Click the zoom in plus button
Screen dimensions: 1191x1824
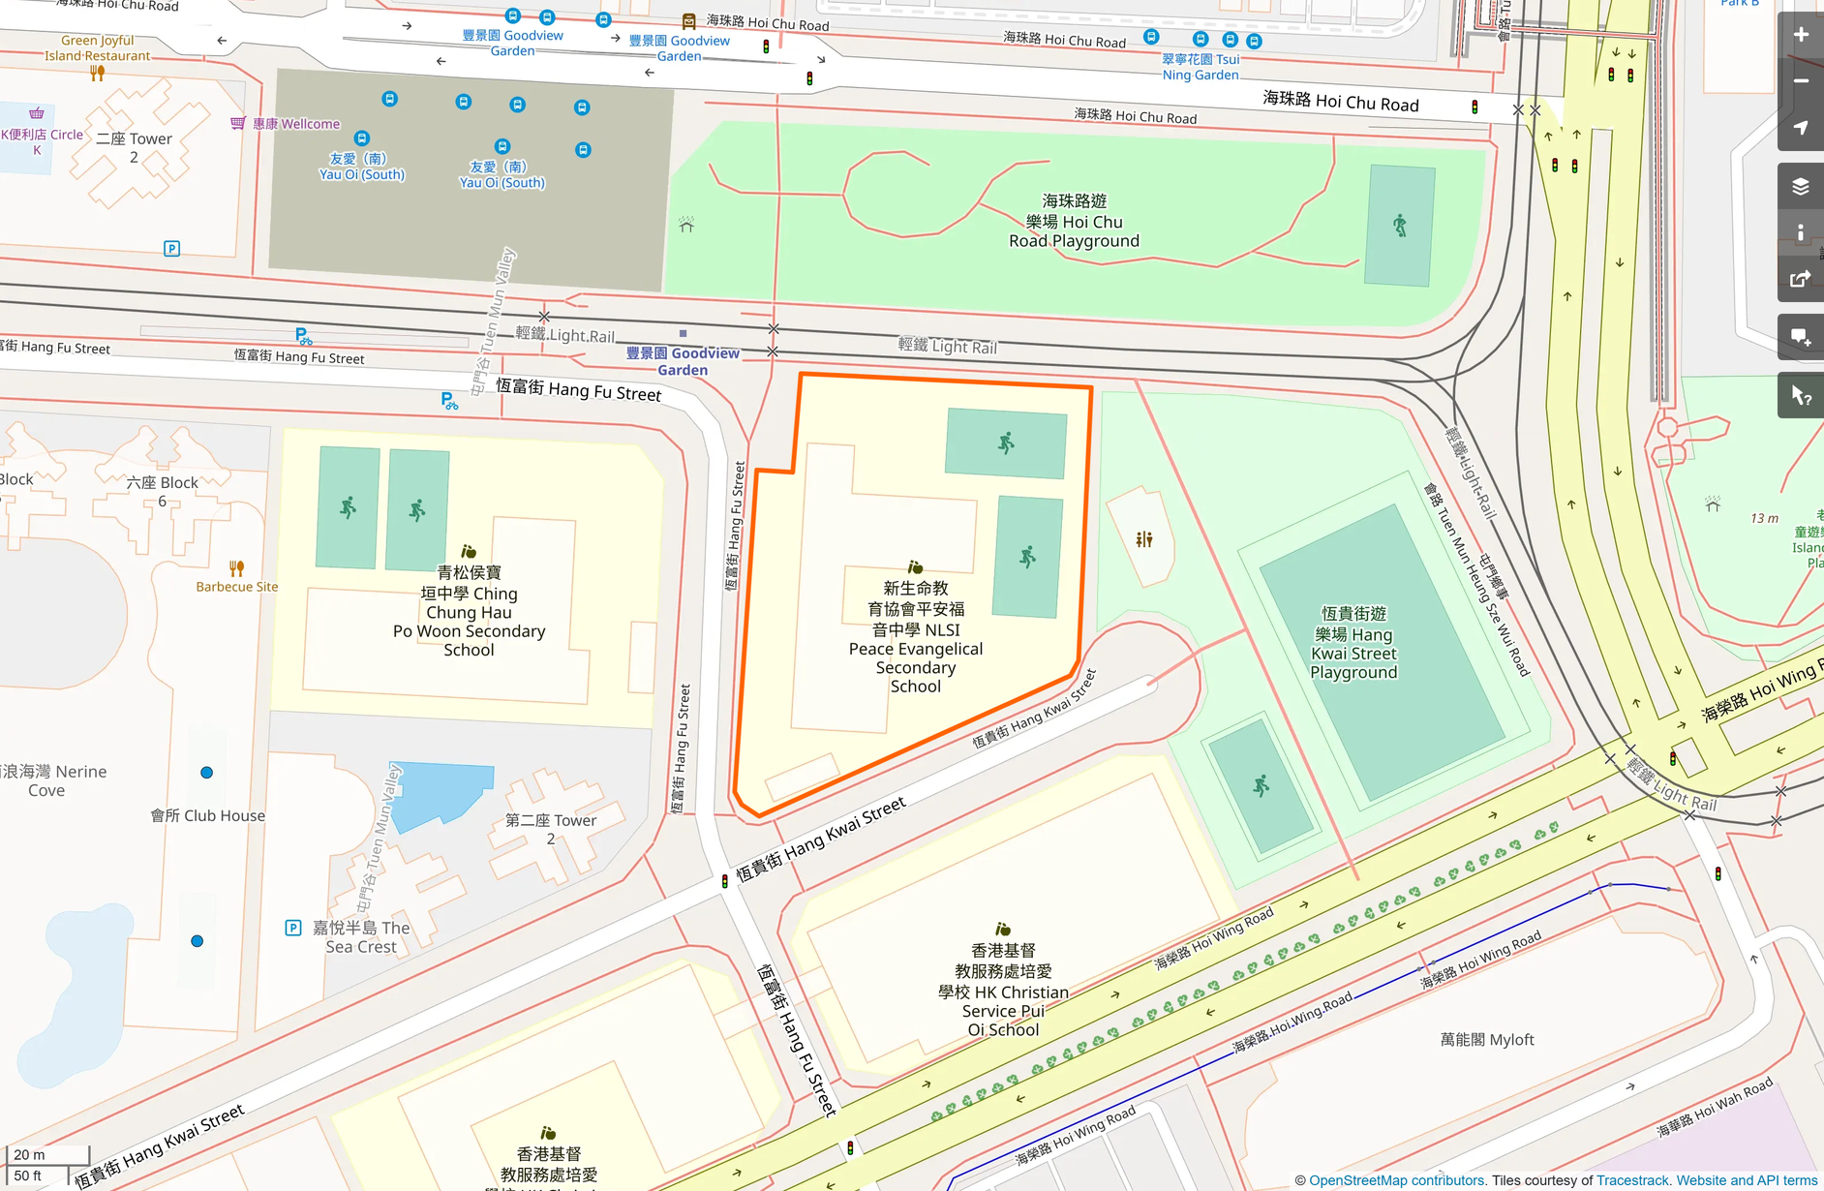(1800, 35)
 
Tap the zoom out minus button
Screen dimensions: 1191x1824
(1800, 81)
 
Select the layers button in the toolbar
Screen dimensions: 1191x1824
(1800, 186)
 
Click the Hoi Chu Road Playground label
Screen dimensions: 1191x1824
(1074, 221)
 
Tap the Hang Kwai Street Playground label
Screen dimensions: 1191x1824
(1353, 643)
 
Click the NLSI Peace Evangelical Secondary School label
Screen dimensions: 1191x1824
(915, 636)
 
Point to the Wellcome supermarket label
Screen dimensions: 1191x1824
(295, 124)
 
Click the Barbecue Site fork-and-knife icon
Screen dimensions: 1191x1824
(236, 568)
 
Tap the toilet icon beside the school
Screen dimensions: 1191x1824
(1144, 539)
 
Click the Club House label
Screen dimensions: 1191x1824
(207, 815)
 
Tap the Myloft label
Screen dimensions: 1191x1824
(1486, 1039)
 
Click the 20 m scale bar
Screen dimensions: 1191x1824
(47, 1155)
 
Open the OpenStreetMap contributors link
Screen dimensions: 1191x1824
(1396, 1180)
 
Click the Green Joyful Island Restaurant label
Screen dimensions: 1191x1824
(97, 47)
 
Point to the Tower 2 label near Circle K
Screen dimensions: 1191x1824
(134, 147)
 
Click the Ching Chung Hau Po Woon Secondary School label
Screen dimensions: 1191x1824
(469, 611)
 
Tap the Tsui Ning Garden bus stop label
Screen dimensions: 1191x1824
(1200, 67)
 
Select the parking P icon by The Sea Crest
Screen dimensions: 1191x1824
(293, 928)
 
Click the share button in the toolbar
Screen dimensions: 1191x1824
(1800, 279)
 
